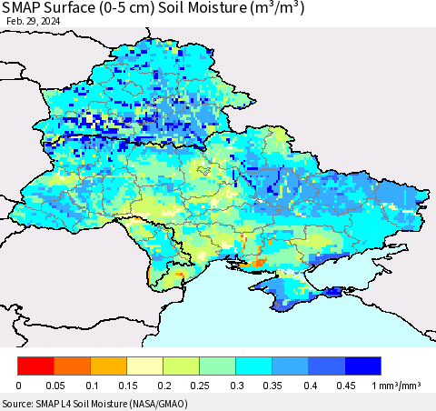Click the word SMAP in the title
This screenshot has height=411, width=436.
tap(28, 9)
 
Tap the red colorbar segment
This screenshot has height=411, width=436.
tap(35, 366)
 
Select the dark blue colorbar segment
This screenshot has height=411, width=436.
tap(362, 366)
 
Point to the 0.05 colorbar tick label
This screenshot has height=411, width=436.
tap(54, 386)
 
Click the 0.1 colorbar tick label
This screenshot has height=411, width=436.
tap(91, 386)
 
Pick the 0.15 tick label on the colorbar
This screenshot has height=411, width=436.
tap(127, 386)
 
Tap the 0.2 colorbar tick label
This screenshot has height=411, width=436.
tap(163, 386)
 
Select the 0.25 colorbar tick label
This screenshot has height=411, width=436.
tap(200, 386)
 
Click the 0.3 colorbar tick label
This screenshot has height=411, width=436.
tap(236, 386)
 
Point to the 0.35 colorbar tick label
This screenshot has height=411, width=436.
tap(272, 386)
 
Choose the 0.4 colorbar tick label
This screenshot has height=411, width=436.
tap(309, 386)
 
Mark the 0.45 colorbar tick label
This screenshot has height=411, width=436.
tap(345, 386)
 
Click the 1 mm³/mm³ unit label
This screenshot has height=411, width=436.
tap(398, 386)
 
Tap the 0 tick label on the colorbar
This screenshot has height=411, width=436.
tap(18, 386)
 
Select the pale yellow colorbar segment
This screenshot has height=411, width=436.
tap(144, 366)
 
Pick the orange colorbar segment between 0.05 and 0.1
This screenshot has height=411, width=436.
tap(72, 366)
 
